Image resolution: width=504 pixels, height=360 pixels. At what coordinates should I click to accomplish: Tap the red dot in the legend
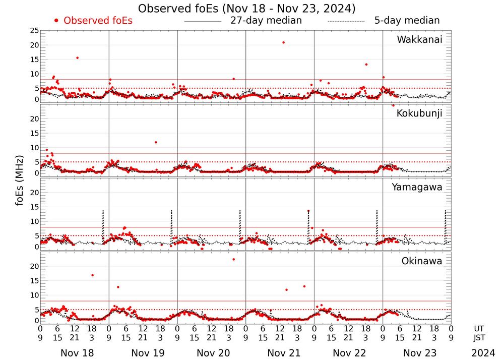(x=56, y=21)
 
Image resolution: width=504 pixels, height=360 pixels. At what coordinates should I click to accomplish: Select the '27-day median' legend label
(x=266, y=21)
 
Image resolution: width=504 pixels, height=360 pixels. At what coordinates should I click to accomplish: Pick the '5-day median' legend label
(x=407, y=21)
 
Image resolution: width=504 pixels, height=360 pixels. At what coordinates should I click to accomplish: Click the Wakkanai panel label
(x=419, y=40)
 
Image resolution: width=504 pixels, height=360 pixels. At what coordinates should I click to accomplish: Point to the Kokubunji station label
(x=419, y=113)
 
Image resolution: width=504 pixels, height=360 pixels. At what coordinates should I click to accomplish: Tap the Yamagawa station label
(x=417, y=187)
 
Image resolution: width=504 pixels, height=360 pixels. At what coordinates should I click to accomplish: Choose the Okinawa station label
(x=422, y=261)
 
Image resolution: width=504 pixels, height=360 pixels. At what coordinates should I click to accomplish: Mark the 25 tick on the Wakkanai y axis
(x=34, y=31)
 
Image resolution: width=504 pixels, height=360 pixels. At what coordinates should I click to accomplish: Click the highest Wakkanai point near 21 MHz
(x=284, y=42)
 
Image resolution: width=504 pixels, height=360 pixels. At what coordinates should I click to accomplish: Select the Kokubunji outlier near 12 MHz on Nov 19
(x=156, y=142)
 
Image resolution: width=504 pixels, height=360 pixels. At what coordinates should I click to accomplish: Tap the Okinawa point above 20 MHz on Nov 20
(x=233, y=259)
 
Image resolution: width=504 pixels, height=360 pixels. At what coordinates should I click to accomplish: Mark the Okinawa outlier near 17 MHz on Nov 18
(x=92, y=275)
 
